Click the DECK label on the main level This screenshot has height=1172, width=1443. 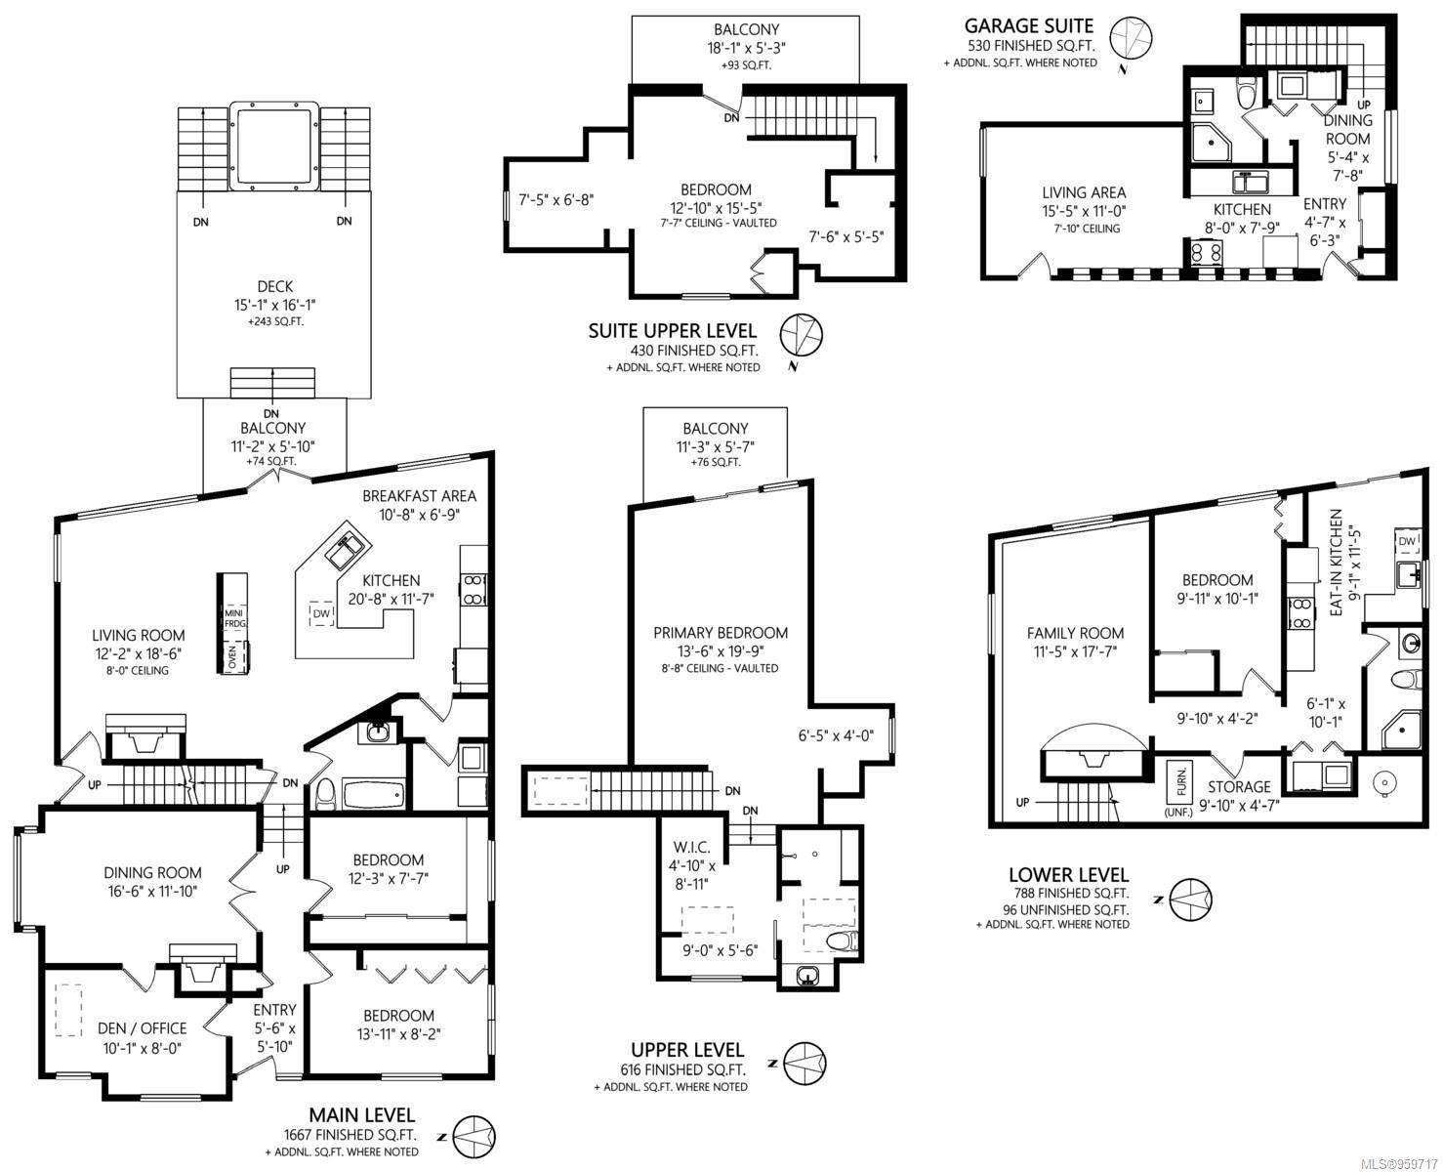(x=275, y=286)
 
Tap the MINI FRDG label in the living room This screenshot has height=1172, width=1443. (x=234, y=618)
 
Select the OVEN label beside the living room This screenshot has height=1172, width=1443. (x=232, y=656)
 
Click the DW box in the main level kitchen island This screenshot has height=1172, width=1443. (x=322, y=613)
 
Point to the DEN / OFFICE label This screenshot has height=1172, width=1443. (x=143, y=1028)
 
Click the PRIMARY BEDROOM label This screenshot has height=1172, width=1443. (x=721, y=633)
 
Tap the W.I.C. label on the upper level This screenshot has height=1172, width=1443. (x=691, y=847)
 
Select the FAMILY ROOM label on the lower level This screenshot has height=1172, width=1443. (x=1075, y=633)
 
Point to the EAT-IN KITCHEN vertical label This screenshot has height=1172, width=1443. (x=1336, y=563)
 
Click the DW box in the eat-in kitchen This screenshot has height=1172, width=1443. (x=1407, y=541)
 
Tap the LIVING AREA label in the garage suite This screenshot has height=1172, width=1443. (x=1084, y=192)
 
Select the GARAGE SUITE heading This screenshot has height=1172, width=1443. (x=1028, y=25)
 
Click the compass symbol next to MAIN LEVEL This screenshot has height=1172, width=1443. (x=474, y=1138)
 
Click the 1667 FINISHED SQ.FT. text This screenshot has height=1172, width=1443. (x=350, y=1135)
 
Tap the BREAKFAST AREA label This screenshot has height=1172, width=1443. (x=420, y=496)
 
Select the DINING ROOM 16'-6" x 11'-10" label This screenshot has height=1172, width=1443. (x=152, y=882)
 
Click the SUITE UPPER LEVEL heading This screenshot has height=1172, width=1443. (x=672, y=330)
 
